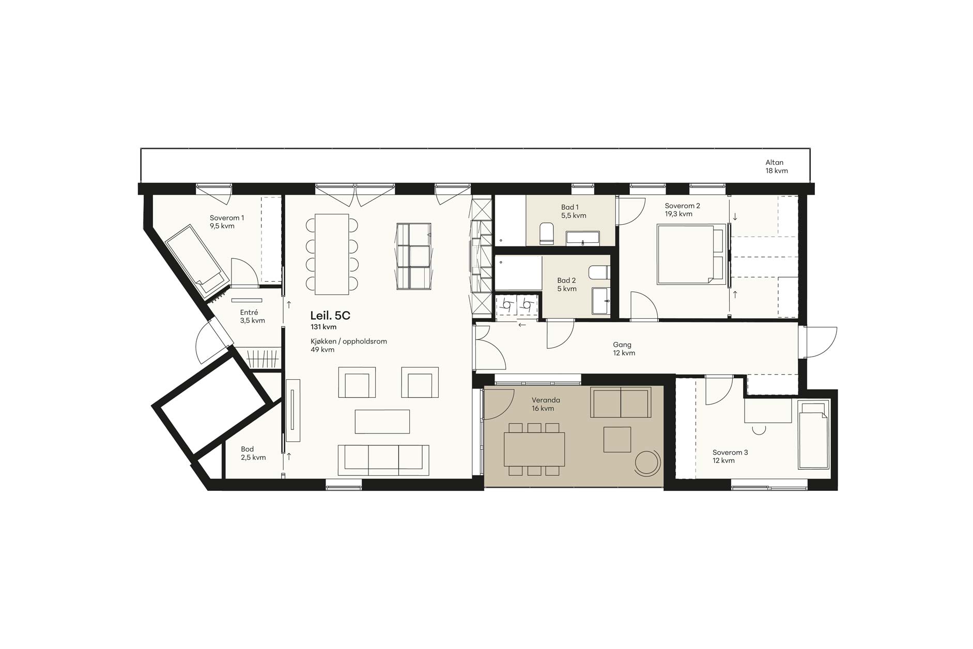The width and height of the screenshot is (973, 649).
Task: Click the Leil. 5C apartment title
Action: (x=330, y=315)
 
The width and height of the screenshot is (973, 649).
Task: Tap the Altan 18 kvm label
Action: (x=777, y=166)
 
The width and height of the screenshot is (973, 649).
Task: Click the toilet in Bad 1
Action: (x=546, y=233)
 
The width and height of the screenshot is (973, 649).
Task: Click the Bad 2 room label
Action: (x=566, y=285)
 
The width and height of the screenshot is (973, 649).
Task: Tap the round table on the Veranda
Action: (x=647, y=462)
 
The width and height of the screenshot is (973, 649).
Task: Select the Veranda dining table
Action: (x=534, y=449)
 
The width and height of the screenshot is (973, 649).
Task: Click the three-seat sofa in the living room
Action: (x=383, y=460)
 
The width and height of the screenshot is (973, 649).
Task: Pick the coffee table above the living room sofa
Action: (x=382, y=421)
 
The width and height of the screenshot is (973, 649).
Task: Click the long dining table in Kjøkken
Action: (x=332, y=254)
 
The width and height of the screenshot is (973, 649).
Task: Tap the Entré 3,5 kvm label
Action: (x=252, y=316)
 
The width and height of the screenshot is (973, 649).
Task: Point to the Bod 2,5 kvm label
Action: (x=253, y=453)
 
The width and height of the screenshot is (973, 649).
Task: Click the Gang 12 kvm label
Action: (x=624, y=349)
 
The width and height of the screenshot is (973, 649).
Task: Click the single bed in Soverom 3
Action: (x=813, y=435)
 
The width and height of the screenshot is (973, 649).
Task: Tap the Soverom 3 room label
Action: (x=730, y=456)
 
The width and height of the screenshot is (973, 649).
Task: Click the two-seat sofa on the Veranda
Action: (x=621, y=402)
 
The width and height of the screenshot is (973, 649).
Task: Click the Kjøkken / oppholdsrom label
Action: (x=349, y=345)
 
